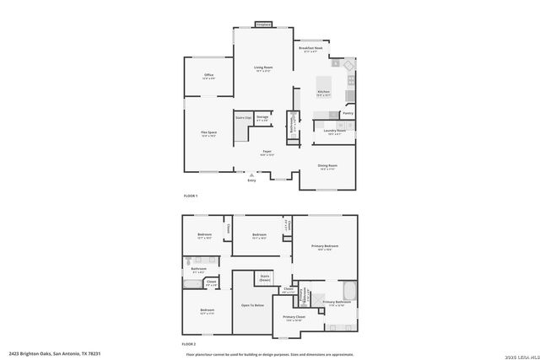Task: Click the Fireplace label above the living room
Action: tap(263, 24)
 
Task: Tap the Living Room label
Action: tap(263, 68)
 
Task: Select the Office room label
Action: tap(208, 77)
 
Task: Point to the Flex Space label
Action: tap(209, 133)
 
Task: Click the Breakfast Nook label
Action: tap(311, 50)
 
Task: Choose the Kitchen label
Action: tap(323, 93)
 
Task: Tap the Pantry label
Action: tap(348, 113)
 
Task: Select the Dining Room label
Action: tap(327, 167)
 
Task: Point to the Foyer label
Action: tap(266, 153)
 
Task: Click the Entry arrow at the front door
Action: tap(251, 175)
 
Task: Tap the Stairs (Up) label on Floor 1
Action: tap(242, 117)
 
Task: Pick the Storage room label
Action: tap(262, 117)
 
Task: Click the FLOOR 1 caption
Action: tap(191, 196)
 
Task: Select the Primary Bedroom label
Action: tap(325, 246)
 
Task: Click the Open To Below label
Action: tap(252, 305)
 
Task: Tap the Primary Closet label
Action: tap(294, 319)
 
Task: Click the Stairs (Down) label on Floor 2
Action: tap(265, 277)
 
